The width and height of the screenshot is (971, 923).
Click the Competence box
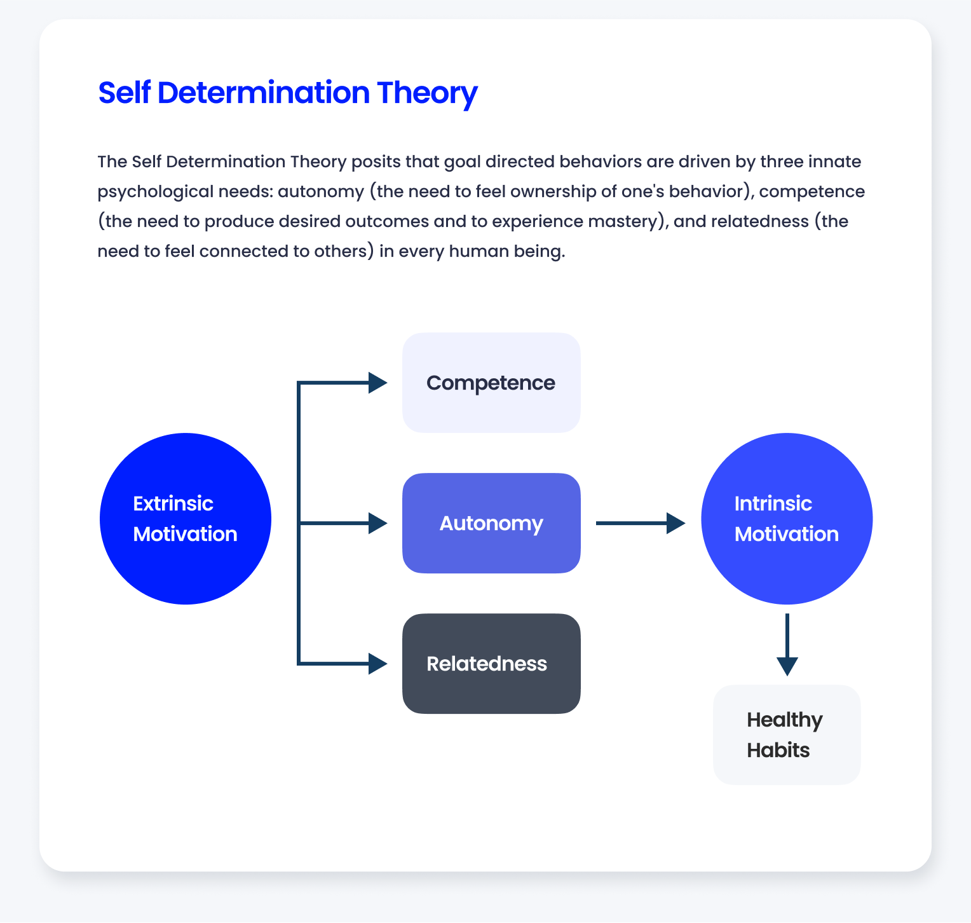(x=491, y=383)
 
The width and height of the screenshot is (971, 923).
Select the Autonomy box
(x=491, y=523)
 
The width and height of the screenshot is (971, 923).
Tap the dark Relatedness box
(x=491, y=664)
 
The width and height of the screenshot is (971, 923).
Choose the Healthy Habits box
(x=787, y=735)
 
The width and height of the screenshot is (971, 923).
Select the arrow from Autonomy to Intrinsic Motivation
(x=640, y=523)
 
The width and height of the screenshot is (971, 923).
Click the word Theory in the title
(x=427, y=93)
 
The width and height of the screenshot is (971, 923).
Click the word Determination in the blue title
(x=263, y=93)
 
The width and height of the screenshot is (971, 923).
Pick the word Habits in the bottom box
(x=778, y=750)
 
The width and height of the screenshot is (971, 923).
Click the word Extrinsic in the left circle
(x=173, y=503)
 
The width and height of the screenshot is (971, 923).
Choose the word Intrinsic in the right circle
(x=773, y=503)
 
